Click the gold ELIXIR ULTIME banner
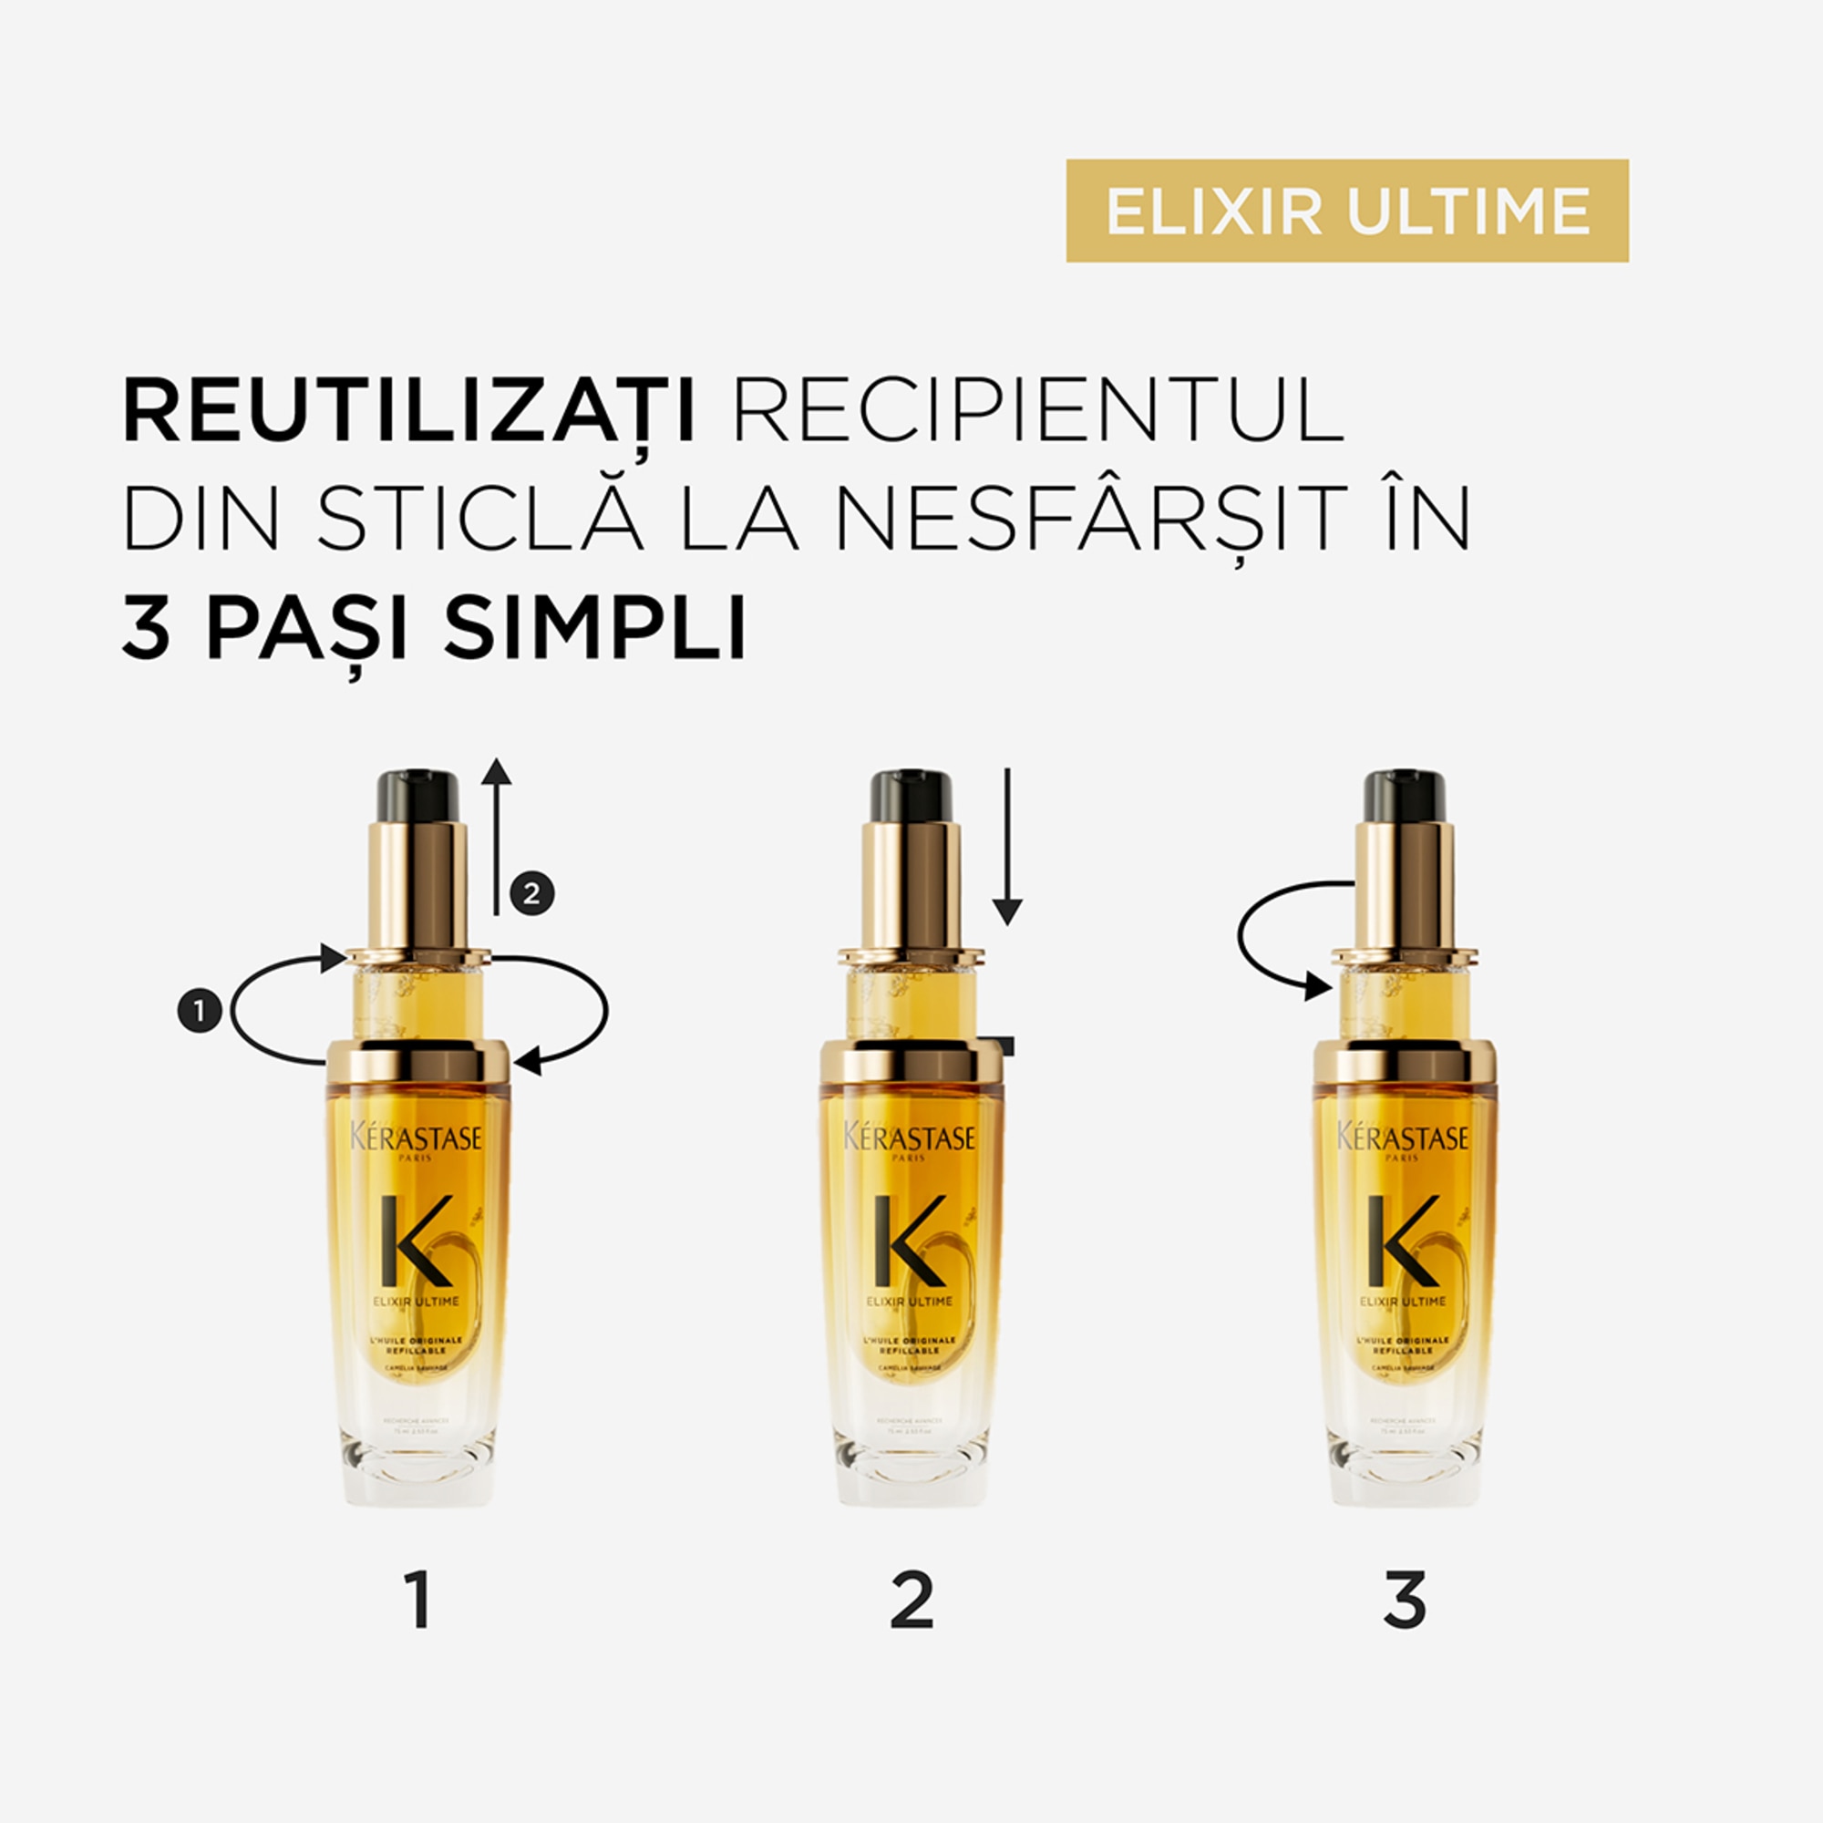coord(1346,211)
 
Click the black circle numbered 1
coord(199,1012)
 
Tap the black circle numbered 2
coord(531,892)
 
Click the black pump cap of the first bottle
coord(418,796)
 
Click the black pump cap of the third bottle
coord(1404,796)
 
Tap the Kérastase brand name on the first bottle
coord(417,1137)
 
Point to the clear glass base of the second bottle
coord(911,1472)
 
